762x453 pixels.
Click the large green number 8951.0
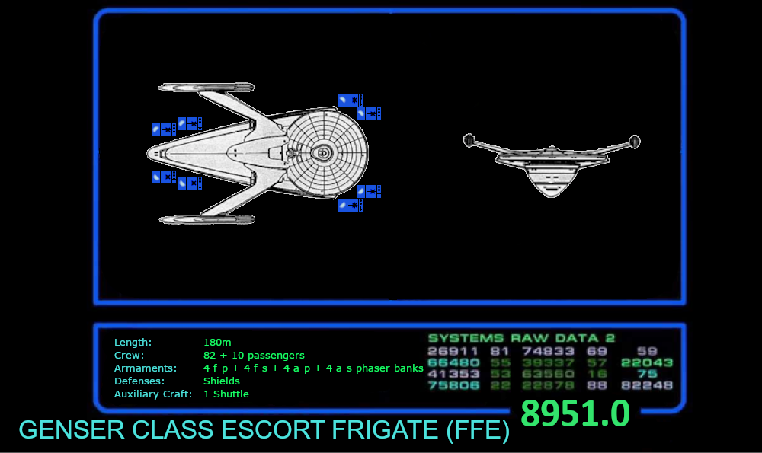[x=575, y=414]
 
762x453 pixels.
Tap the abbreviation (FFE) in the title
[x=477, y=430]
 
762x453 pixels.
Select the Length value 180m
[x=217, y=343]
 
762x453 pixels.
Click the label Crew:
[x=129, y=356]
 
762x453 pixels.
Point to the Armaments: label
[x=145, y=368]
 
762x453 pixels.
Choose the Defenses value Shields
[x=222, y=381]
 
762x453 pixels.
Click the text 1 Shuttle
[x=226, y=394]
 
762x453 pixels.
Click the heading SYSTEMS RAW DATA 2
[x=521, y=338]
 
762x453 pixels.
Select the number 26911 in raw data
[x=453, y=351]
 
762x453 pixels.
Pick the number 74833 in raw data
[x=547, y=351]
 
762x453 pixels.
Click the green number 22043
[x=647, y=362]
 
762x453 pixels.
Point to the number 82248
[x=647, y=385]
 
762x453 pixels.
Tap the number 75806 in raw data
[x=453, y=385]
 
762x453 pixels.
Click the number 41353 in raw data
[x=453, y=374]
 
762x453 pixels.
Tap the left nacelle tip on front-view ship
[x=469, y=140]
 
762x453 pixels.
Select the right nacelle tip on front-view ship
[x=634, y=141]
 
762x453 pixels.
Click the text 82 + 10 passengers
[x=254, y=356]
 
